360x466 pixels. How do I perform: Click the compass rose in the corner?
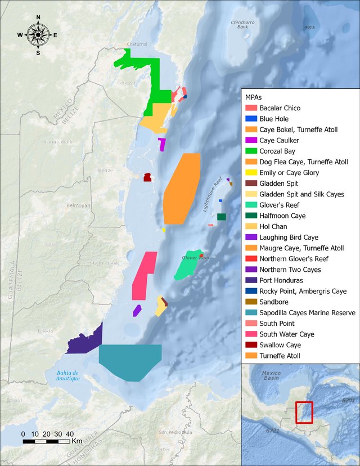38,35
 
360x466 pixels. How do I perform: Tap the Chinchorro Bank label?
243,24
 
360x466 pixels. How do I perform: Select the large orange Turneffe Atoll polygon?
182,189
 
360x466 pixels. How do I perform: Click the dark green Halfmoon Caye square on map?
222,217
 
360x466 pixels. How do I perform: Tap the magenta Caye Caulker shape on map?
162,144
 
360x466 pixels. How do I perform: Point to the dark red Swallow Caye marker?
147,177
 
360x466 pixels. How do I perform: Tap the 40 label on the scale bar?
70,434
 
